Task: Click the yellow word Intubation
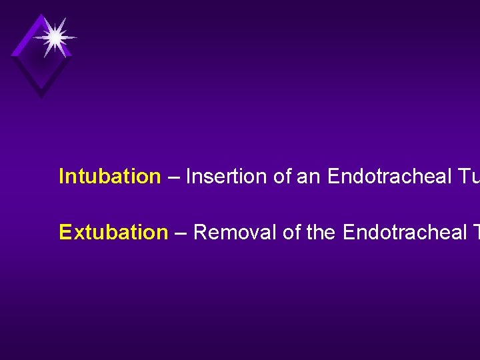coord(109,177)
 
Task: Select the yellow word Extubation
coord(113,233)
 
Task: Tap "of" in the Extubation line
coord(291,233)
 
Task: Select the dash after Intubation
coord(173,177)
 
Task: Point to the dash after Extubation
coord(181,233)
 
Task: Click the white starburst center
coord(55,37)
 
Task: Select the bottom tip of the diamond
coord(41,97)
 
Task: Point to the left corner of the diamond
coord(12,55)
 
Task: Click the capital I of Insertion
coord(188,177)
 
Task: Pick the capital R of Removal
coord(199,233)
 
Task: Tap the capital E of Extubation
coord(65,233)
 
